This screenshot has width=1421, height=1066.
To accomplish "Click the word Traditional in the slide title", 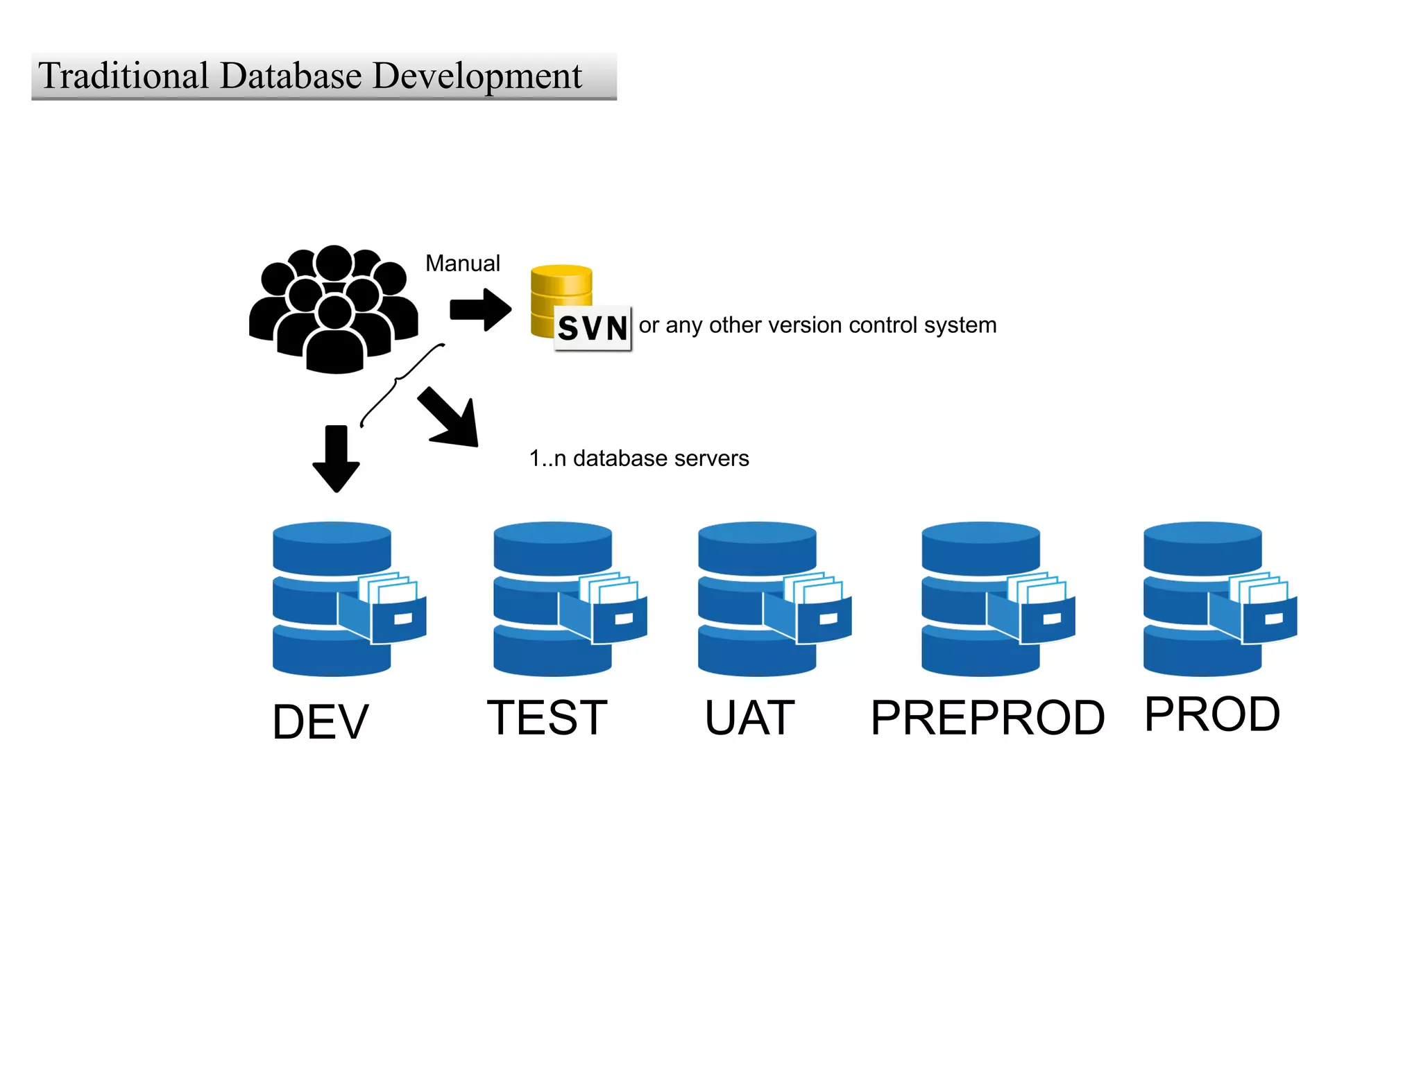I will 124,76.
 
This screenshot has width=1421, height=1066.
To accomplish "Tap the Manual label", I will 462,264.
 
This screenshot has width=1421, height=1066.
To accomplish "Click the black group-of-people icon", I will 334,309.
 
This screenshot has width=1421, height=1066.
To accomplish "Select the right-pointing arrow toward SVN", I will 480,309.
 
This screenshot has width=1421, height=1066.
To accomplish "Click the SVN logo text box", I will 593,328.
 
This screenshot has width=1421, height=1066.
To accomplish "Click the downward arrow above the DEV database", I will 336,458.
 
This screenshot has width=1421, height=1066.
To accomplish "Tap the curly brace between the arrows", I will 400,384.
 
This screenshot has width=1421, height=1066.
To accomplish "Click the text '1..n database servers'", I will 639,458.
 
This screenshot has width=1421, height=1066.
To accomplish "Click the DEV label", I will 321,722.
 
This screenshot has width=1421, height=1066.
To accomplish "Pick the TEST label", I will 547,718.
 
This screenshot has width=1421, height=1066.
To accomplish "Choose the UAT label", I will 749,718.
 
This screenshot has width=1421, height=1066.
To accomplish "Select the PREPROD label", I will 987,718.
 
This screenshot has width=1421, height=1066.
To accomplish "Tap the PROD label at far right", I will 1211,714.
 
